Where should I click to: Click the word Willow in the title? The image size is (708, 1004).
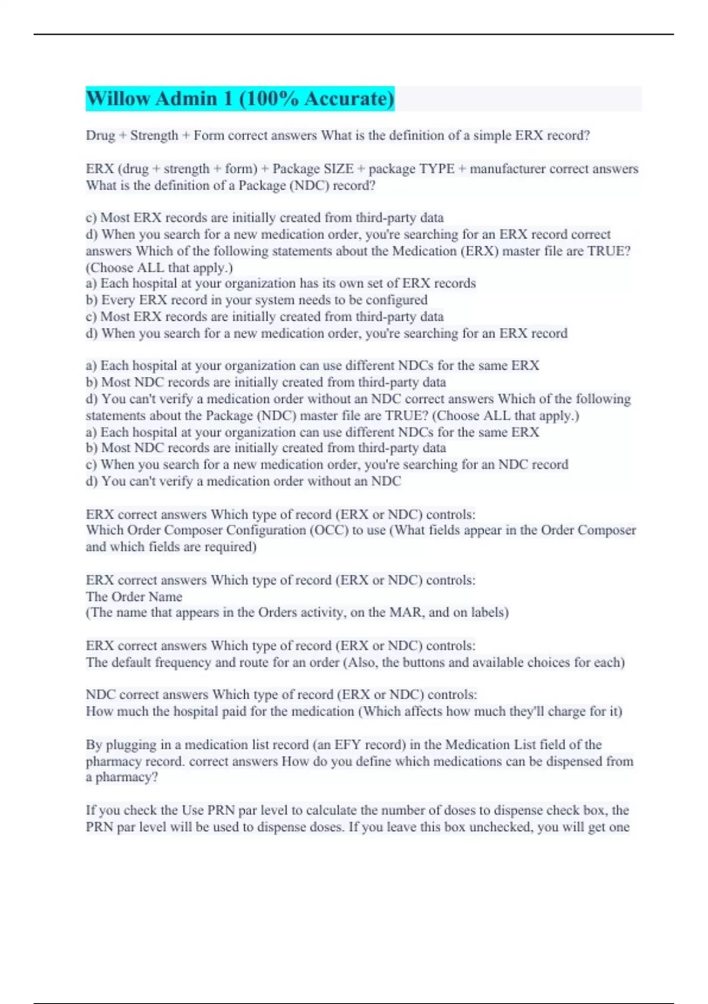click(118, 99)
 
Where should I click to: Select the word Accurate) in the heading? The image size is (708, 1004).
click(349, 99)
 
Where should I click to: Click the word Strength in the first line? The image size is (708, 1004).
click(154, 135)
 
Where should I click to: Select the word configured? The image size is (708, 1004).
click(396, 300)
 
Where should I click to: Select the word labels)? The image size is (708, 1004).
click(487, 612)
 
